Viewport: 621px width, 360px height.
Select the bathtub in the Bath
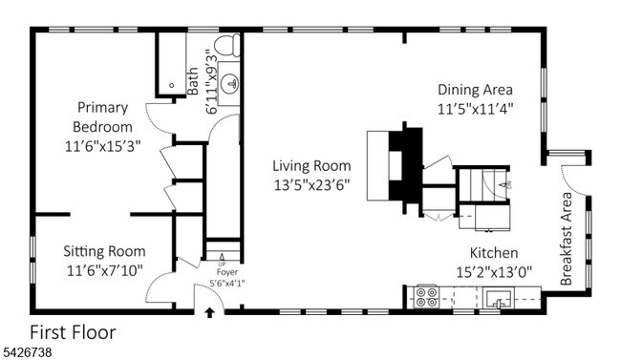coord(173,65)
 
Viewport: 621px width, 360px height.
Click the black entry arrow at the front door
coord(209,312)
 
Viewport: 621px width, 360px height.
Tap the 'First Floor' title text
coord(73,333)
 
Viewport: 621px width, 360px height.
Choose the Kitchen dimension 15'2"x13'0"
coord(493,270)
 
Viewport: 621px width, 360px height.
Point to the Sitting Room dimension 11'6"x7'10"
coord(104,270)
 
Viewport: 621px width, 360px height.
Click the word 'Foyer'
coord(226,272)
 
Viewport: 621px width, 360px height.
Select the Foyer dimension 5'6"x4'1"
coord(226,283)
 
